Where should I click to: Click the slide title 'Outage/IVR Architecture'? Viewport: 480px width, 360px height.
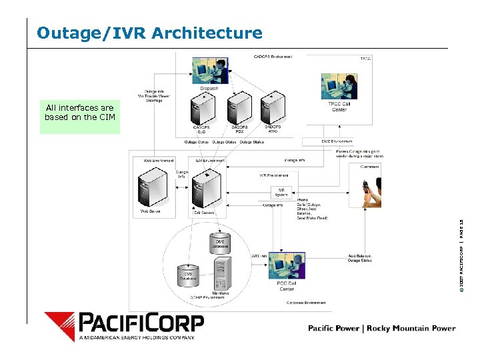pos(150,33)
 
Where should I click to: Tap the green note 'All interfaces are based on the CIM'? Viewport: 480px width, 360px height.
pos(79,113)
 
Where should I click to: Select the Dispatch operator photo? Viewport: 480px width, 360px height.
pos(210,69)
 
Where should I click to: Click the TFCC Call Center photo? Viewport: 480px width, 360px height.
pos(339,86)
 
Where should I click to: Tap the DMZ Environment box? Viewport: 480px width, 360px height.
pos(319,141)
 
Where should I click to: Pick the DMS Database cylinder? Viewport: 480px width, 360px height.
pos(219,243)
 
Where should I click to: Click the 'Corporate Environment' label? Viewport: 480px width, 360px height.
pos(306,303)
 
